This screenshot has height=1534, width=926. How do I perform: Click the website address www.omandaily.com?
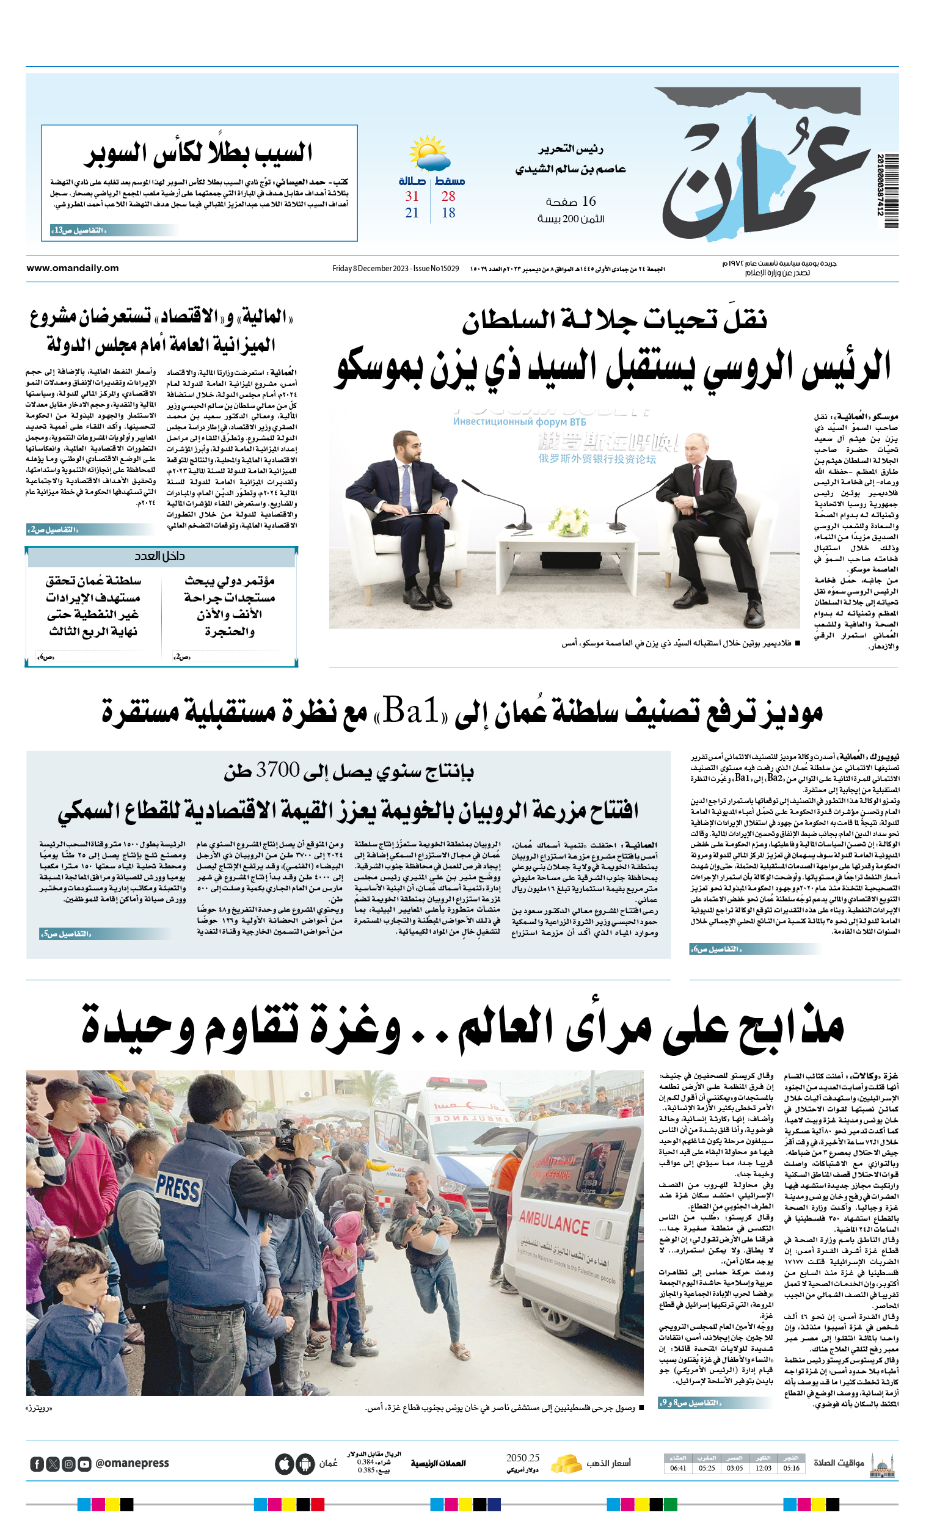72,268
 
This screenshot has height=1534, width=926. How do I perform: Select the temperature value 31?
412,197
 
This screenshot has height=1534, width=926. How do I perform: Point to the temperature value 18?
448,213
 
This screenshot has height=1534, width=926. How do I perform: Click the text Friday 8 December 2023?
371,269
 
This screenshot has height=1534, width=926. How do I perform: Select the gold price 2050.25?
522,1458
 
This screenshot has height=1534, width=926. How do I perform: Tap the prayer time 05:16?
792,1468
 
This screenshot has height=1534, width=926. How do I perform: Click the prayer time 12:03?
763,1468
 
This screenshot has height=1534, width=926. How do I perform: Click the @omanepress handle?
132,1463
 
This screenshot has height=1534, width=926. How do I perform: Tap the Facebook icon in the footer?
37,1464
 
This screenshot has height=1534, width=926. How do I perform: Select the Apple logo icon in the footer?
285,1464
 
